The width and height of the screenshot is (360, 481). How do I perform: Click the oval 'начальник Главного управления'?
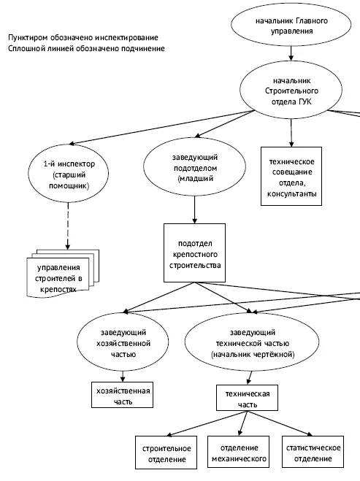(x=291, y=25)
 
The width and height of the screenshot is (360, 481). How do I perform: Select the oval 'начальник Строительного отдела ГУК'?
(x=291, y=91)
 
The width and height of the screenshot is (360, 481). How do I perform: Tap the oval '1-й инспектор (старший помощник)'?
(x=69, y=173)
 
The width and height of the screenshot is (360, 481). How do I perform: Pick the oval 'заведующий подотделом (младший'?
(x=194, y=167)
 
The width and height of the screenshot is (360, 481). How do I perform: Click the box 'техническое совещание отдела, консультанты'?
(x=291, y=176)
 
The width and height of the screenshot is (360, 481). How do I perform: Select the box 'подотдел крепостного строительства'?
(x=194, y=253)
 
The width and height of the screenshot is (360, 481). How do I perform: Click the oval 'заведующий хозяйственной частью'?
(x=123, y=342)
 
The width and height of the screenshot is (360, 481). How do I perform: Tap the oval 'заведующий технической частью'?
(x=252, y=342)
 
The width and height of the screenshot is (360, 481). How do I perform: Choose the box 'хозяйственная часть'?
(x=123, y=395)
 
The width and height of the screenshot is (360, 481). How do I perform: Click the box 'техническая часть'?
(x=247, y=398)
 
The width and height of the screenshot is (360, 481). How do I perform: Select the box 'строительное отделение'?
(x=166, y=453)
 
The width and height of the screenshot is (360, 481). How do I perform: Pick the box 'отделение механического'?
(x=239, y=452)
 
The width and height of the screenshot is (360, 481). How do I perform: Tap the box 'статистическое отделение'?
(x=313, y=452)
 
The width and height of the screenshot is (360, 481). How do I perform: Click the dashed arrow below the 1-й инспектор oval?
(x=68, y=226)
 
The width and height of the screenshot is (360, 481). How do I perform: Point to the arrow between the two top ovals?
(x=291, y=53)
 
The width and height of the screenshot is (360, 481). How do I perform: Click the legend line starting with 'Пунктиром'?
(x=83, y=37)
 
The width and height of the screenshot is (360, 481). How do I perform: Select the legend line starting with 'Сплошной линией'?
(x=86, y=48)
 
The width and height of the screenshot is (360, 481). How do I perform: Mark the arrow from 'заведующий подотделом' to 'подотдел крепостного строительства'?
(x=194, y=209)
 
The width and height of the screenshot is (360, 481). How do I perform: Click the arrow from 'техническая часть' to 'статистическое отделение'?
(x=280, y=423)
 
